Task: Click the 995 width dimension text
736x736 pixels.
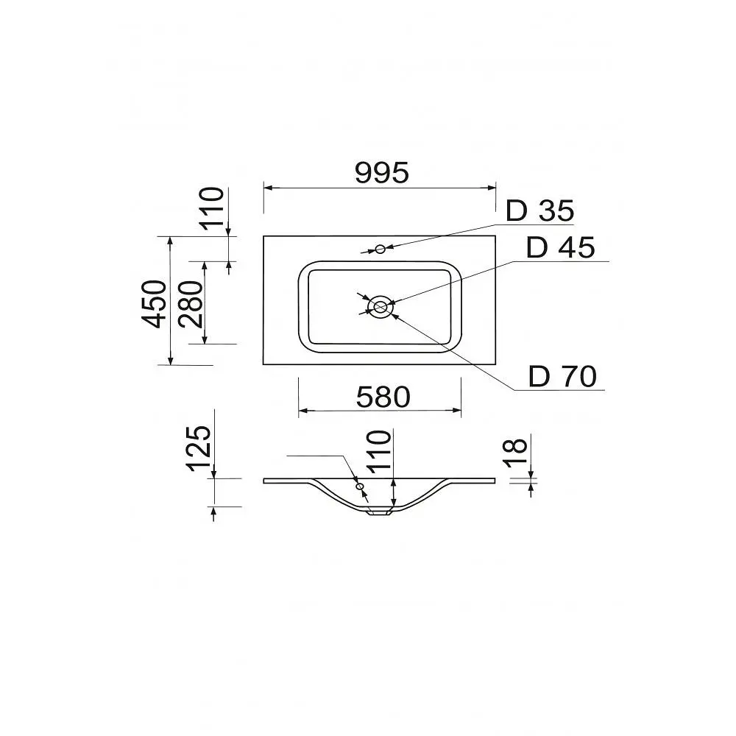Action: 382,172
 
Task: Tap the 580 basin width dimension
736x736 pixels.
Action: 383,397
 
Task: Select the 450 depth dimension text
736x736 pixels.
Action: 155,304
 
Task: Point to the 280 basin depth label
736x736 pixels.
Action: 191,304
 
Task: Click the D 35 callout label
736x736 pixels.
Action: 539,210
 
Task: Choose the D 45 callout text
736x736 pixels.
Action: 560,247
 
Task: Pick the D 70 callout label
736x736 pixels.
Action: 562,376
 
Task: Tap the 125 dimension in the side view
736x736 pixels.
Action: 199,448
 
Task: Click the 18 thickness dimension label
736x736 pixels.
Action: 515,453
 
